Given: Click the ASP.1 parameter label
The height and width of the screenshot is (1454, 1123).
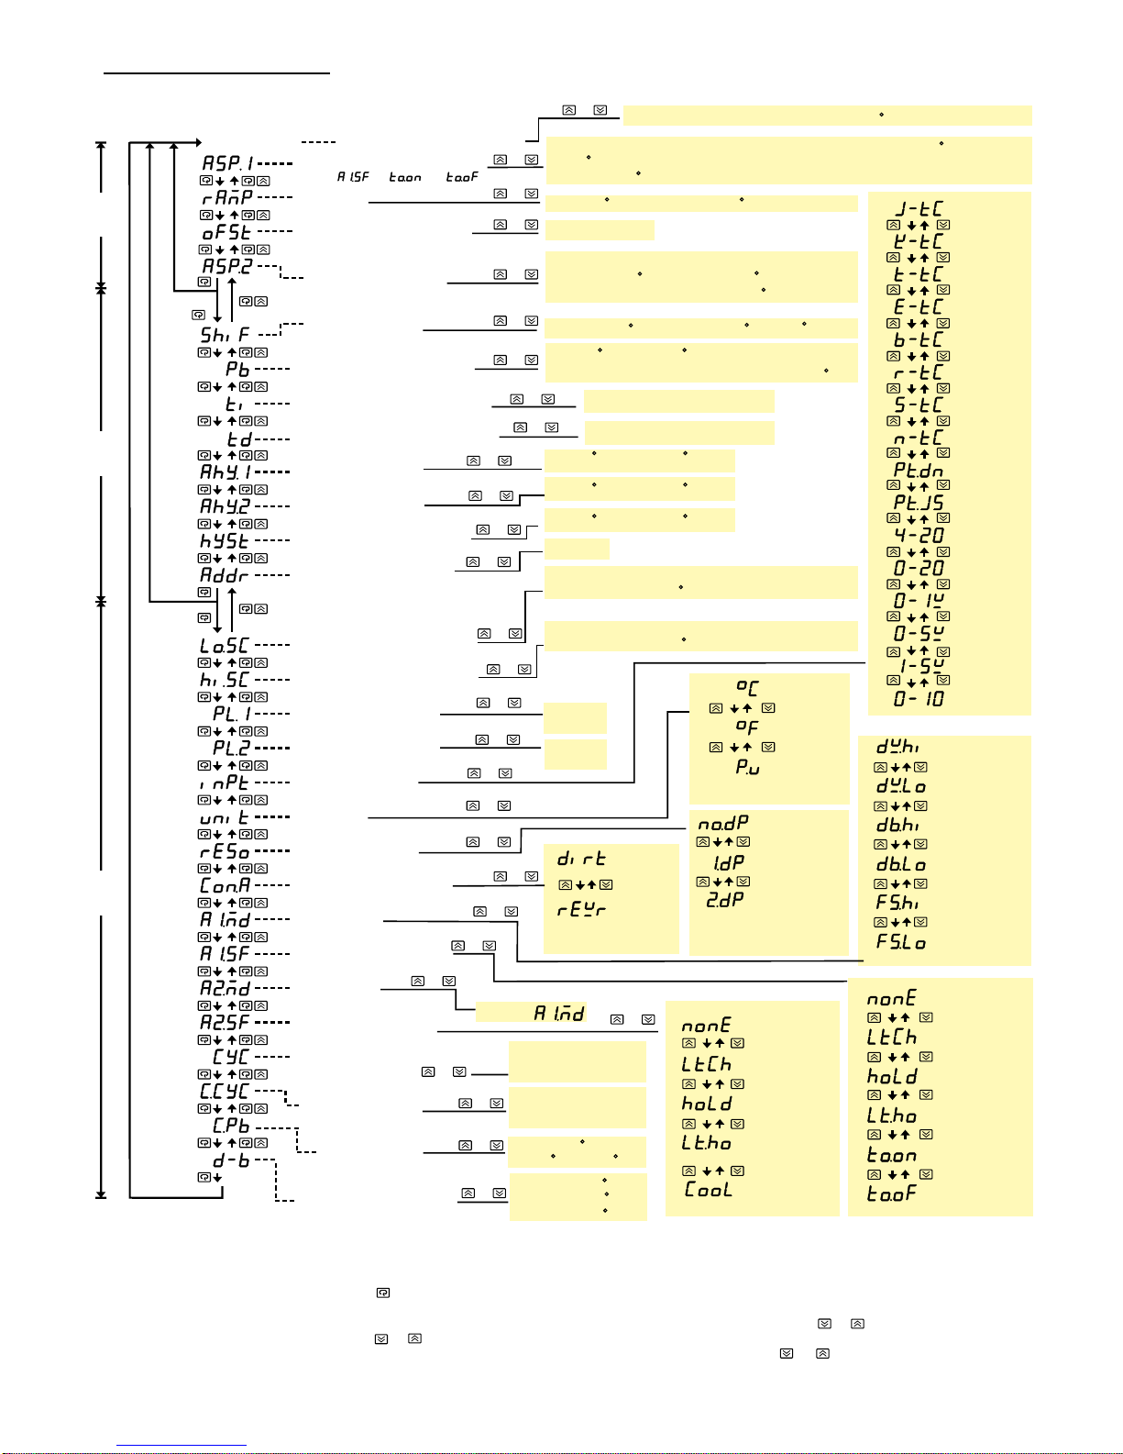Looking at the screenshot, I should pos(227,163).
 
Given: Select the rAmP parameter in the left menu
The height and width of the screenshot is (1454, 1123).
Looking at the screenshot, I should pos(227,197).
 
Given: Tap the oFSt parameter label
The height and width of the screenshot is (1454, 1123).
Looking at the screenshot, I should pos(226,232).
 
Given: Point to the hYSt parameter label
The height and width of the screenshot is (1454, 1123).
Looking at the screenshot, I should pos(226,541).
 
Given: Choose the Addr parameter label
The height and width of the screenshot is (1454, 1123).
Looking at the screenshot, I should pos(225,575).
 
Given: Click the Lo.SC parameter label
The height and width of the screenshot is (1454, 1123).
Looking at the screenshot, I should pos(225,646).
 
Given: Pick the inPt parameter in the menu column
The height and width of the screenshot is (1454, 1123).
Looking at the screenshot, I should pos(225,782).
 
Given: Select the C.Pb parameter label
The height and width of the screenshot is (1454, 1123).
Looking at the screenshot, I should pos(231,1126).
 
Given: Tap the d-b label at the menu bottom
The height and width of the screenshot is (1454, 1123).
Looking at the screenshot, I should pos(231,1160).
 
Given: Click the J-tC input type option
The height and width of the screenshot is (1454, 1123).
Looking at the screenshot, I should pos(919,209).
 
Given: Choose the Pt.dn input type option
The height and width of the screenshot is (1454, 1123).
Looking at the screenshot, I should pos(919,471).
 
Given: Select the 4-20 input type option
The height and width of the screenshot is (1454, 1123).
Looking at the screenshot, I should pos(919,535).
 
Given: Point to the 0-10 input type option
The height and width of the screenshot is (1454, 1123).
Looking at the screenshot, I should pos(919,699).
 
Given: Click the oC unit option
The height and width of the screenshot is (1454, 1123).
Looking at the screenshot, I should pos(747,687).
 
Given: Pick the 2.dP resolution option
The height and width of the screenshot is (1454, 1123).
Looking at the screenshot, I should pos(724,901).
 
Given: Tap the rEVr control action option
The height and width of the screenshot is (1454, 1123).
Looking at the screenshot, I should pos(581,910).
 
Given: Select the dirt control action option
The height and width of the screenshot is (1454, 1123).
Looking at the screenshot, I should pos(581,859).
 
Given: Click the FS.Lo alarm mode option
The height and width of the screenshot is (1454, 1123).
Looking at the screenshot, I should pos(901,942).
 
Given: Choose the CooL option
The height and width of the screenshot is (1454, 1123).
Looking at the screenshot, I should pos(708,1190).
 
